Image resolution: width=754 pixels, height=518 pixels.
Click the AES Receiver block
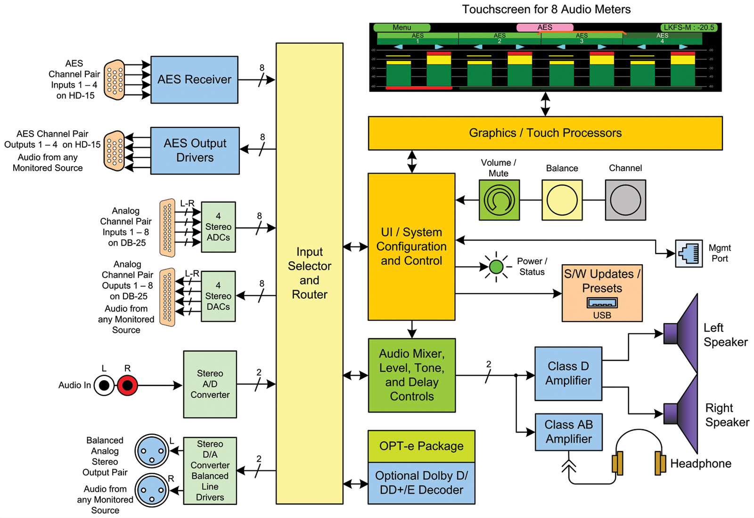[x=194, y=80]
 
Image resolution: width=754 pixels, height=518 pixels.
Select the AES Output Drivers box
[x=195, y=150]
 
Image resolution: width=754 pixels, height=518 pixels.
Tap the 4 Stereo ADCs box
[x=218, y=227]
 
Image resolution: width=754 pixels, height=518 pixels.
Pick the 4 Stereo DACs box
[x=218, y=296]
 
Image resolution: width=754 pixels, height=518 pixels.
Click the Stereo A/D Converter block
[x=210, y=384]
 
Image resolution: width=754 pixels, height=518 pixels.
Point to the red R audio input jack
[x=127, y=385]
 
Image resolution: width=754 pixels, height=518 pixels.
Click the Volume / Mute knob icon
[x=499, y=200]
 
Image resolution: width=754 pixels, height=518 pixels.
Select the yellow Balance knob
[x=562, y=200]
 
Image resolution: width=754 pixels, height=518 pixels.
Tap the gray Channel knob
[x=625, y=200]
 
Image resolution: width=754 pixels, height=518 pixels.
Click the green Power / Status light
[x=496, y=267]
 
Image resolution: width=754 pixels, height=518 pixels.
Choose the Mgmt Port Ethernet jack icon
[x=688, y=253]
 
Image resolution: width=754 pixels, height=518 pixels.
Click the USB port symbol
[x=602, y=303]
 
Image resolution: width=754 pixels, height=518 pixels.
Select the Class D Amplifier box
[x=568, y=373]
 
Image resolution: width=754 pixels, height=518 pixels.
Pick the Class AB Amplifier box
[x=568, y=432]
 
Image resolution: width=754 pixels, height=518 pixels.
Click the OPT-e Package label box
[x=421, y=446]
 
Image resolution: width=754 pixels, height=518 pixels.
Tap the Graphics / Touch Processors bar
[x=545, y=133]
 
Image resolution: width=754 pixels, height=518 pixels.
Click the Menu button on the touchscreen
[x=402, y=27]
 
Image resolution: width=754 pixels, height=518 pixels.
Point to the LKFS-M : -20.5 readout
[x=688, y=27]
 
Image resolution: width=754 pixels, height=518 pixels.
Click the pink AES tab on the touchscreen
[x=545, y=27]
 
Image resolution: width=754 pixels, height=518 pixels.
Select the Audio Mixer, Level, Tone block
[x=412, y=375]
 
